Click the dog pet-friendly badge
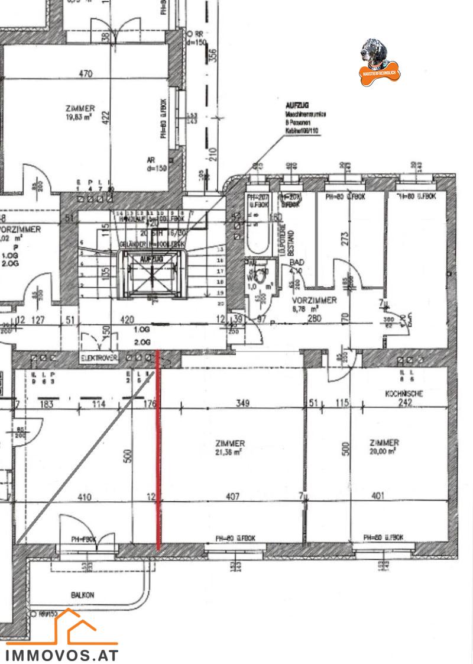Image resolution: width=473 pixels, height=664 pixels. [x=380, y=62]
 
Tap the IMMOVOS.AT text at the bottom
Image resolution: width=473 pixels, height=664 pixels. [x=62, y=655]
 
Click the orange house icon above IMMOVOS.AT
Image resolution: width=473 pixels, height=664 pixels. [x=69, y=627]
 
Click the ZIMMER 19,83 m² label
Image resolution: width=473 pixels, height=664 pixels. [x=81, y=113]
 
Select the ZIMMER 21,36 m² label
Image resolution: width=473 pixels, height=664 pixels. [x=231, y=447]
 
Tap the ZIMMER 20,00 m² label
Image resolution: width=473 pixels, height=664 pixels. [x=384, y=447]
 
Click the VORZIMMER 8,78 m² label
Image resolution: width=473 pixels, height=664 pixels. [x=314, y=304]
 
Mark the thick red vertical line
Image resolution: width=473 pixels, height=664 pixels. [x=158, y=450]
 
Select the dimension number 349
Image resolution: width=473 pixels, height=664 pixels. [x=242, y=404]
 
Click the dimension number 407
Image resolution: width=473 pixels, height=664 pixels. [x=233, y=497]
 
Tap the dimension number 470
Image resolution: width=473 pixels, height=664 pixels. [x=86, y=74]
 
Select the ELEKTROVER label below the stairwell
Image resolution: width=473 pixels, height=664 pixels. [x=99, y=358]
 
